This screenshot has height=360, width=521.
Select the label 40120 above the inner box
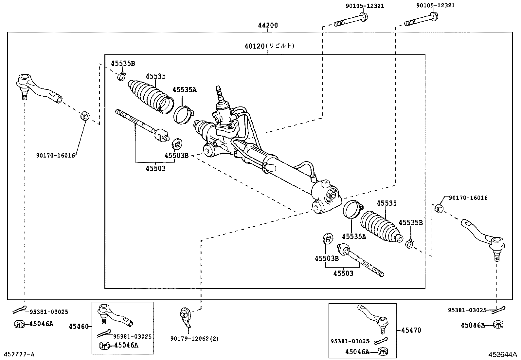pos(254,46)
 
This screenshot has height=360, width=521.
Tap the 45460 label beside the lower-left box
pos(79,327)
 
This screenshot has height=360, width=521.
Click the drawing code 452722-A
pos(19,354)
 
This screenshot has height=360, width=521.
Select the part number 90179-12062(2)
pos(194,339)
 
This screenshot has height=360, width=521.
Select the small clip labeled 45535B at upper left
pos(121,77)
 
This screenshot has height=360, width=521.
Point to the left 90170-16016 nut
pos(85,116)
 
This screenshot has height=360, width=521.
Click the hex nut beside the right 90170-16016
pos(440,208)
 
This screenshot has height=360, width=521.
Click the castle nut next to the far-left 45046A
pos(20,324)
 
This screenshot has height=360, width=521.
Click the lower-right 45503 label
pos(343,273)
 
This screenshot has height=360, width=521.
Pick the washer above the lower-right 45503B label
pos(328,238)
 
